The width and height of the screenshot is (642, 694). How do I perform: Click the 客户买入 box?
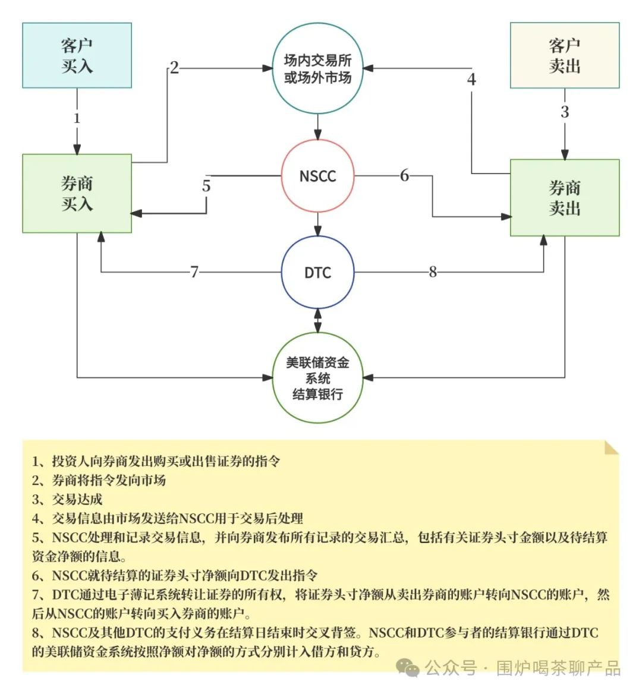(x=77, y=55)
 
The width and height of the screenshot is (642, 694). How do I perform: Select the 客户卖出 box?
(x=564, y=55)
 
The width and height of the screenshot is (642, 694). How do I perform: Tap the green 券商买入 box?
(x=77, y=193)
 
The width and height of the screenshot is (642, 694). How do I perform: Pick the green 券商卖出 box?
(x=564, y=197)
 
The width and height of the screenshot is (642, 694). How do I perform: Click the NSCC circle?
(x=317, y=176)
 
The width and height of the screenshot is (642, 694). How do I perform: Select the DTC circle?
(x=317, y=272)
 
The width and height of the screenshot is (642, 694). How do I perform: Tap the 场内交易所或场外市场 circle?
(x=317, y=68)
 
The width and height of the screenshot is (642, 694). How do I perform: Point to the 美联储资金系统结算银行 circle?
(x=317, y=378)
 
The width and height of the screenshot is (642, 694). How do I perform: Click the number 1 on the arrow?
(x=77, y=118)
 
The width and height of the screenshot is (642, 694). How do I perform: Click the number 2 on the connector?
(x=174, y=68)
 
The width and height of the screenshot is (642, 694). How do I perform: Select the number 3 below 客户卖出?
(x=565, y=111)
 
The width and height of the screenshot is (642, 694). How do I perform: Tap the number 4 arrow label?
(x=471, y=79)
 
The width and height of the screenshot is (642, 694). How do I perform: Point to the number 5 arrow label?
(x=206, y=186)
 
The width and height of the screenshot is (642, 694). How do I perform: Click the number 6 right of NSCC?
(x=404, y=175)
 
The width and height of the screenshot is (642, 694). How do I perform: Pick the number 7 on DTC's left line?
(x=194, y=272)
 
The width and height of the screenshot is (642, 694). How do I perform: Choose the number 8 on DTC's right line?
(x=433, y=272)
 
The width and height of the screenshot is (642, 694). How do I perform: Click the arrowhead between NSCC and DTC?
(x=317, y=232)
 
